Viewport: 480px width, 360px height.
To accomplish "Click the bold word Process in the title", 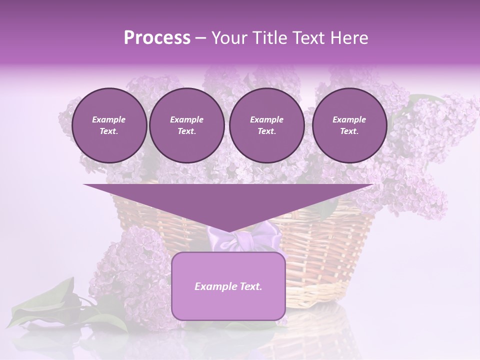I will coord(157,38).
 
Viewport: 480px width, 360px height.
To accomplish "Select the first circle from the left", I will coord(109,125).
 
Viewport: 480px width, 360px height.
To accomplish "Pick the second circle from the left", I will coord(186,125).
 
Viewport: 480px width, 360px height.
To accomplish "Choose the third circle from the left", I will coord(266,125).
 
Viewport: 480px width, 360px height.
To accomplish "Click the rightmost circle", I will coord(349,125).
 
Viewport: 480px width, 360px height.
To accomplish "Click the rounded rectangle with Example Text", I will coord(228,300).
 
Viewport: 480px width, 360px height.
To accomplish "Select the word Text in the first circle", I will coord(108,131).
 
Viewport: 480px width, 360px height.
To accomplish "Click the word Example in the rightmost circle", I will coord(349,119).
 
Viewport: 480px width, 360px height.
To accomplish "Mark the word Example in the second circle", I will coord(186,119).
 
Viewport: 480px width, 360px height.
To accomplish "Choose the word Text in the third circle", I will coord(266,131).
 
